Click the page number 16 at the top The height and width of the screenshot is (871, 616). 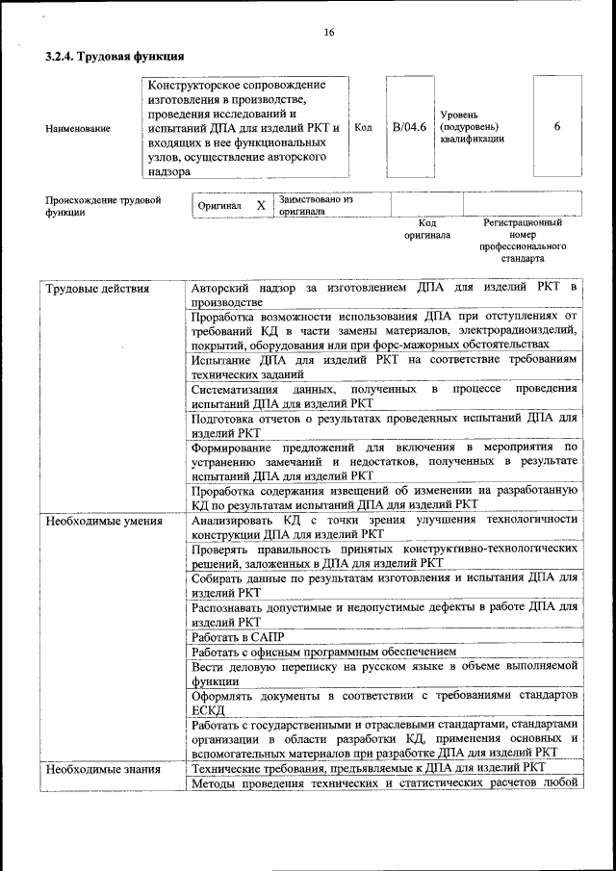click(x=328, y=33)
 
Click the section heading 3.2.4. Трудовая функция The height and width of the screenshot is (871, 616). click(x=115, y=57)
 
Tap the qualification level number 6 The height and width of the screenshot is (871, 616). click(x=557, y=126)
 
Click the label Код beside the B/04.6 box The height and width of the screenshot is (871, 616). click(x=363, y=126)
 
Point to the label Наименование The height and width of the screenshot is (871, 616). click(x=77, y=128)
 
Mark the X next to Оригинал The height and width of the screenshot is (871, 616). click(x=260, y=206)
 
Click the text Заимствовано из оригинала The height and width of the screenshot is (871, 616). click(x=317, y=205)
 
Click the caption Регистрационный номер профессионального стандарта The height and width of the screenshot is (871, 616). click(x=523, y=241)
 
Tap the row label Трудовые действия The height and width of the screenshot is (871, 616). click(x=98, y=289)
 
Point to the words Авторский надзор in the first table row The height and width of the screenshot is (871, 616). click(x=239, y=288)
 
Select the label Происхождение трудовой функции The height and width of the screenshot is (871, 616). click(x=103, y=206)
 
